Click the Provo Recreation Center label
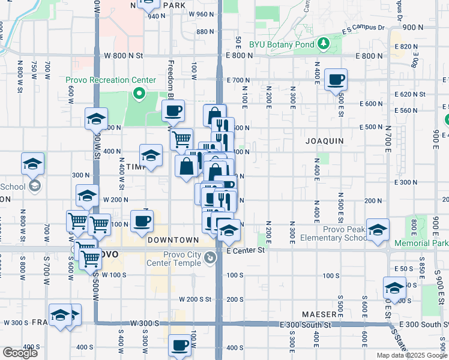[x=110, y=80]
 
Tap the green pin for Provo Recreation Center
[x=139, y=94]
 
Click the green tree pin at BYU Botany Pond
[x=324, y=43]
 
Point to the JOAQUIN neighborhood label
[x=324, y=141]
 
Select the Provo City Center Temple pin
[x=210, y=258]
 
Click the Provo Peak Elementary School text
[x=334, y=233]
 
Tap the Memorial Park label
[x=422, y=244]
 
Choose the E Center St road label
[x=246, y=250]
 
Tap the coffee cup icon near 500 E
[x=336, y=79]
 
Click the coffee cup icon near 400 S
[x=180, y=345]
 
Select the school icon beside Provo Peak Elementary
[x=378, y=230]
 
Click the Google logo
[x=20, y=353]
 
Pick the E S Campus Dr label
[x=364, y=28]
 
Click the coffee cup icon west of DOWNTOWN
[x=142, y=221]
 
